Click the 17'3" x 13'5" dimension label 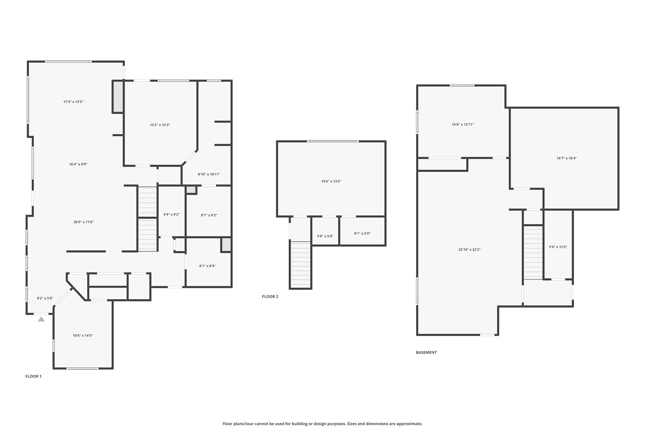(73, 102)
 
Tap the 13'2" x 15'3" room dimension (160, 125)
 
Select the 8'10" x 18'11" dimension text (209, 174)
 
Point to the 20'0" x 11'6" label (84, 222)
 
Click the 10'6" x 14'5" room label (83, 336)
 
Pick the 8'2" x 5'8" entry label (45, 298)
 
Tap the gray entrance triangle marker (41, 319)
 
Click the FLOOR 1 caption (34, 376)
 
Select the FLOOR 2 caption (270, 296)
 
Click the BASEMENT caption (426, 352)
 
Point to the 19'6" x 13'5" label (331, 181)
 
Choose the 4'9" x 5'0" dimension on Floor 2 (325, 236)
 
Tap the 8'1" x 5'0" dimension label (362, 233)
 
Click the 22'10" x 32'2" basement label (469, 250)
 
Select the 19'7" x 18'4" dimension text (567, 158)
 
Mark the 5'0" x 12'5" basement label (558, 247)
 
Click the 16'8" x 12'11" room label (463, 124)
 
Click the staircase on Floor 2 (301, 264)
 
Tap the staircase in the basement (533, 252)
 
